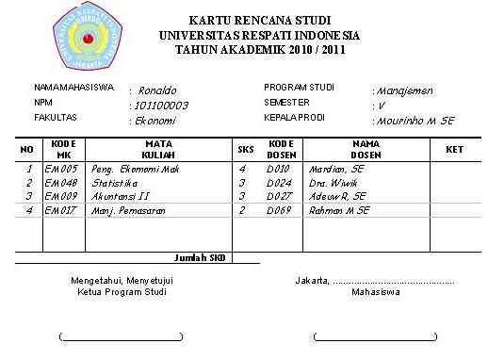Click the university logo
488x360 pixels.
point(90,35)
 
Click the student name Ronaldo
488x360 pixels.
point(157,90)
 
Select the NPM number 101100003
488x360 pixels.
point(162,106)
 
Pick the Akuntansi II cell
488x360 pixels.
point(119,196)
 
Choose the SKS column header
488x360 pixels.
point(243,149)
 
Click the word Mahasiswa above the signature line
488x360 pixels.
point(375,292)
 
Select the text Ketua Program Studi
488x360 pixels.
point(121,292)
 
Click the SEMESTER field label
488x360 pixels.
point(286,103)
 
